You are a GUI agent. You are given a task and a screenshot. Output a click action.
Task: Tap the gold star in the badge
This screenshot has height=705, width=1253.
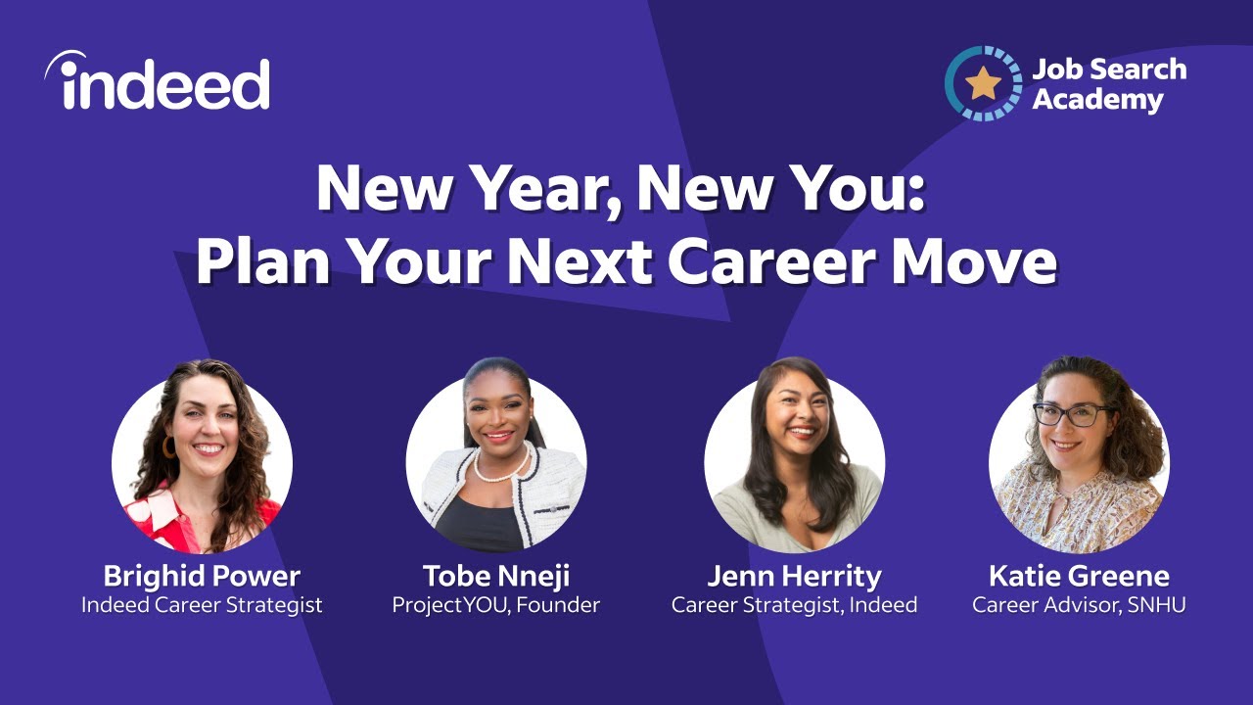982,84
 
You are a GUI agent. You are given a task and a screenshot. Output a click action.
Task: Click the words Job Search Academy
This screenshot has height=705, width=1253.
1109,84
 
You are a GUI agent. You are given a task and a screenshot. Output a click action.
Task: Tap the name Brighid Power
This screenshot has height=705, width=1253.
202,575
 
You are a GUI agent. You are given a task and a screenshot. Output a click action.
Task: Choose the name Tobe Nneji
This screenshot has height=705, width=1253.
495,575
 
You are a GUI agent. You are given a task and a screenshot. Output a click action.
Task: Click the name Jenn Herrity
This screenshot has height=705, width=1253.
794,575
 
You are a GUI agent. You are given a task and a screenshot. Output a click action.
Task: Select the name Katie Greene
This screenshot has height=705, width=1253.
1079,575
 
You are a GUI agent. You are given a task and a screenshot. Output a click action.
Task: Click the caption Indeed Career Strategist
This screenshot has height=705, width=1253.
202,605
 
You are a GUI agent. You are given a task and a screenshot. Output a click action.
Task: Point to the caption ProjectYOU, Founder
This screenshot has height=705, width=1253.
495,605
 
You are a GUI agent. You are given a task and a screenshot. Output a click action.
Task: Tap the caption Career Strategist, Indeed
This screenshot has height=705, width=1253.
794,605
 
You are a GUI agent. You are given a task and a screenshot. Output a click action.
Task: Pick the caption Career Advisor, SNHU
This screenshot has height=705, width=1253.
1079,605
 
